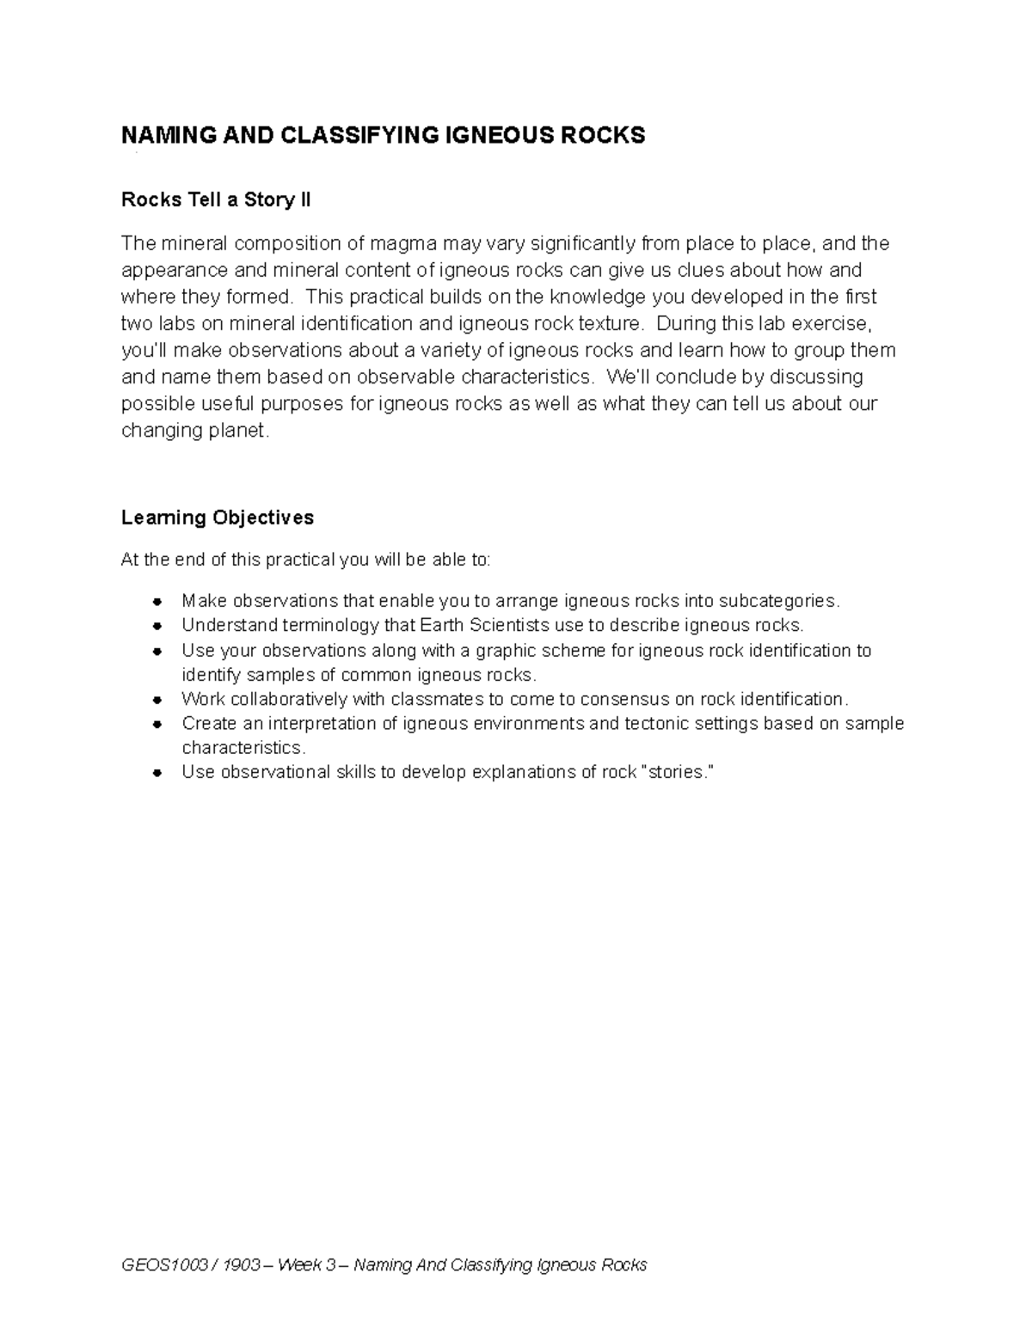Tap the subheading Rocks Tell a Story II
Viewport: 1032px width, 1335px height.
pos(216,200)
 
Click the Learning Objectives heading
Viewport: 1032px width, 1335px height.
pos(218,517)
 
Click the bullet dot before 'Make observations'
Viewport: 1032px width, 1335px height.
pos(157,601)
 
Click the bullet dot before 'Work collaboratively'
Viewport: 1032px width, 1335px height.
pos(157,699)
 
